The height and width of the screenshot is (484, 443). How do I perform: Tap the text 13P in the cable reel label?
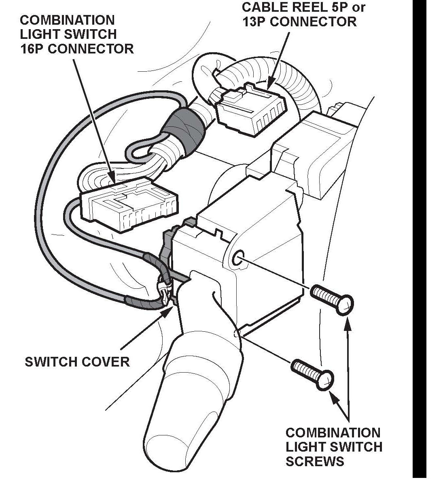click(254, 22)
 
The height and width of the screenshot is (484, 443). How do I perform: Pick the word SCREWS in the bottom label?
click(314, 461)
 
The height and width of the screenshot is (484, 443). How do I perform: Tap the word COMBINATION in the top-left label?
click(68, 20)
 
